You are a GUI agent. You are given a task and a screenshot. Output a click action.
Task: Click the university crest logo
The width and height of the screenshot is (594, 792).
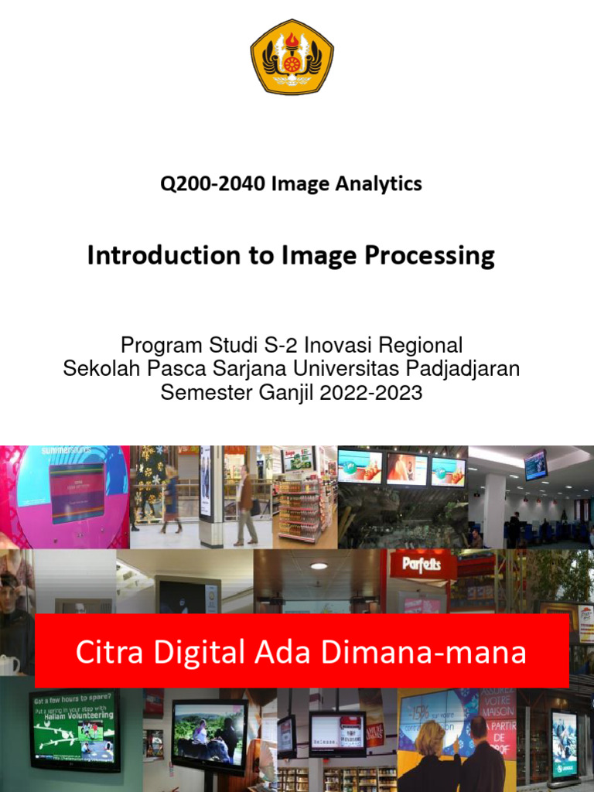point(292,56)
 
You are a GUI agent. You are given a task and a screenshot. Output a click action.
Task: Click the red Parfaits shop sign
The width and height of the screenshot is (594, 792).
point(421,564)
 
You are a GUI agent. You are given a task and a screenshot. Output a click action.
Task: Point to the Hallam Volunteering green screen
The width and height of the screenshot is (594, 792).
point(74,728)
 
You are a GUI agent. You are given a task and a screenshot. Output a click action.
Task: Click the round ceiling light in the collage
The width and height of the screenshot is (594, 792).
point(318,566)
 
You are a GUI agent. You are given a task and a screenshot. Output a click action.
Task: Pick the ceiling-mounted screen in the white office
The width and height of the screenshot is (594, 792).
point(535,465)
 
